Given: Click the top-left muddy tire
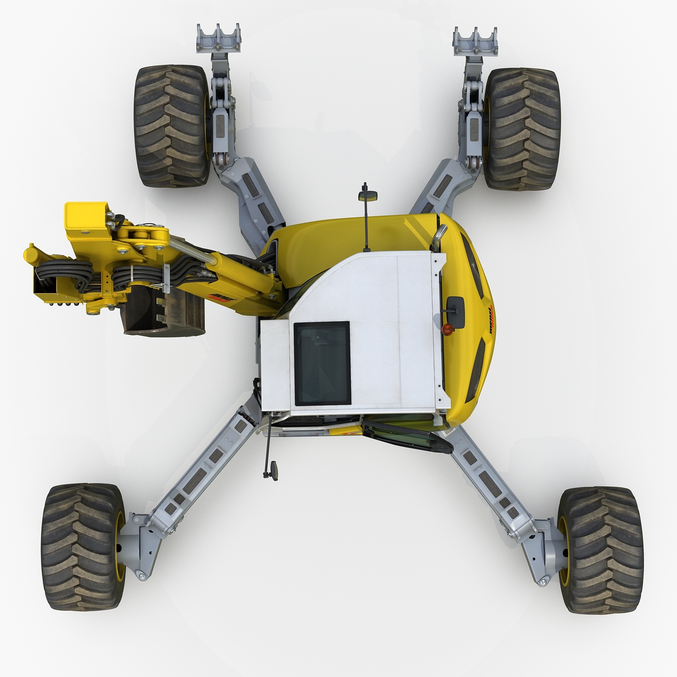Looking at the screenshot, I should (171, 126).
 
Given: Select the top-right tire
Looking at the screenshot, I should (524, 129).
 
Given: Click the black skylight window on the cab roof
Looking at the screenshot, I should (322, 363).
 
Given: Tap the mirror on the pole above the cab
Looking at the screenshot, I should (363, 196).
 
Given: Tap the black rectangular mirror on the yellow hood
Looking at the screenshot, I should (455, 305).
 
